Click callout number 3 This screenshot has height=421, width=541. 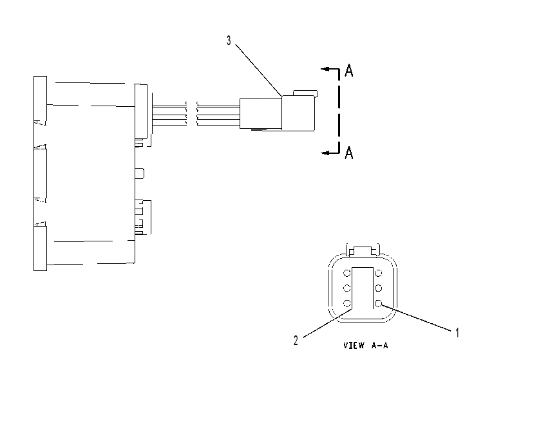229,41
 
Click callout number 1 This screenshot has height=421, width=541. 457,333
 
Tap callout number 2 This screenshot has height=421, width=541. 296,341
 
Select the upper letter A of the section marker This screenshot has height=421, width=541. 349,70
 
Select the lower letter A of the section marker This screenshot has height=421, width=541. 349,153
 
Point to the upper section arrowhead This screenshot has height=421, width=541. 325,69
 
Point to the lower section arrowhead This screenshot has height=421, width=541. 325,153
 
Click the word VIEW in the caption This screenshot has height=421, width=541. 354,345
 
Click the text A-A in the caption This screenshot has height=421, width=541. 380,345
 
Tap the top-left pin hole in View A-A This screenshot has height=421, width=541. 346,274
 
